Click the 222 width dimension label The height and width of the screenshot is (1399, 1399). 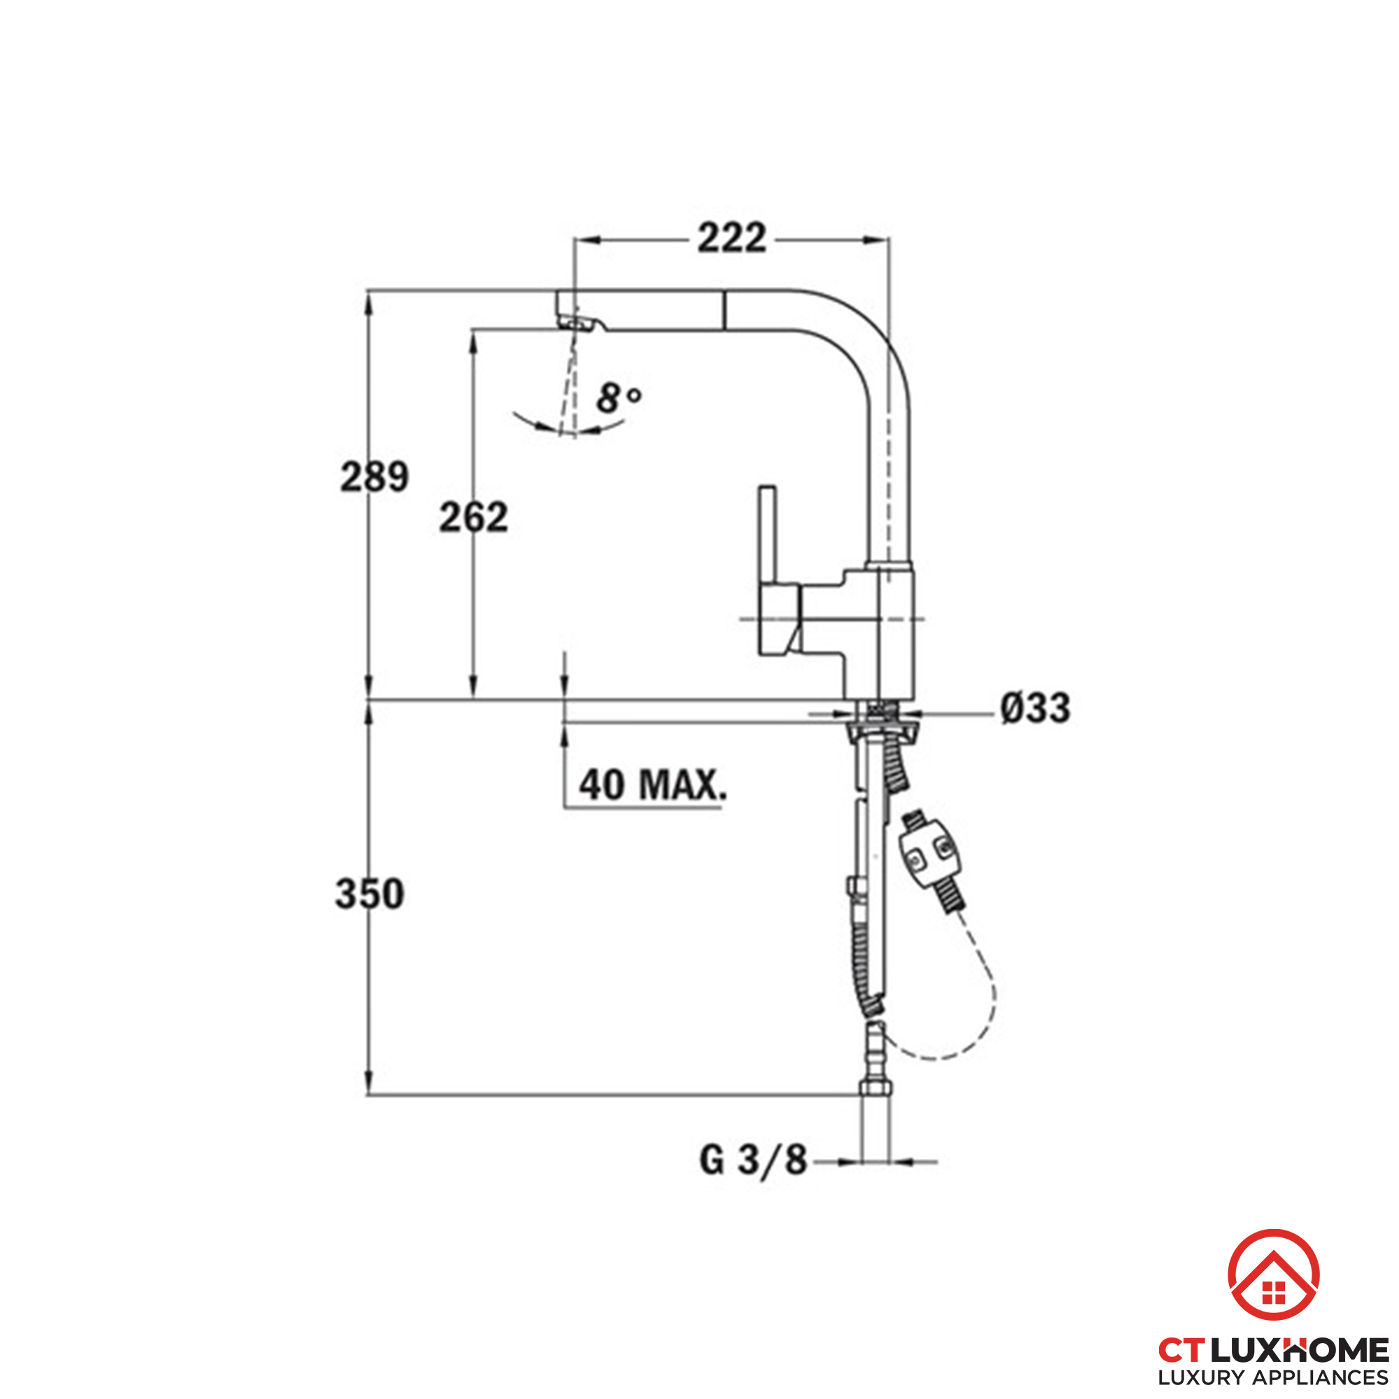[x=732, y=239]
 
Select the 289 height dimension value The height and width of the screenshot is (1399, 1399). [x=375, y=476]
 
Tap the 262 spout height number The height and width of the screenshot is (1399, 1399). [x=474, y=517]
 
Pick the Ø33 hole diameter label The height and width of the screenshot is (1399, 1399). [x=1035, y=707]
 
